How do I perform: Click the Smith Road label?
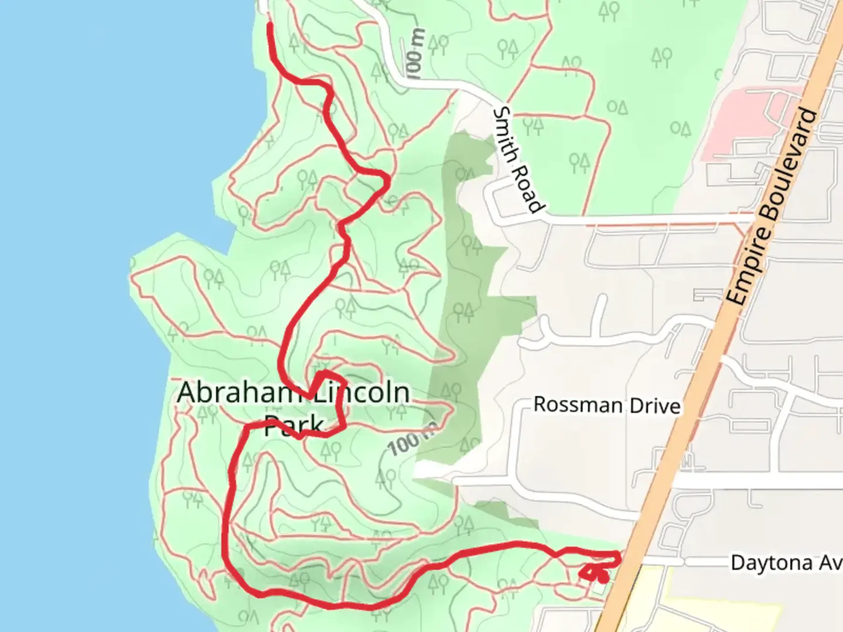pos(519,159)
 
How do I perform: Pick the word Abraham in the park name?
pos(234,392)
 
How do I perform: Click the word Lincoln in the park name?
pos(361,392)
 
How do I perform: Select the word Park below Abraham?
pos(293,425)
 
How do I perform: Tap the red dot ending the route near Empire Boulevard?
pos(602,578)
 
